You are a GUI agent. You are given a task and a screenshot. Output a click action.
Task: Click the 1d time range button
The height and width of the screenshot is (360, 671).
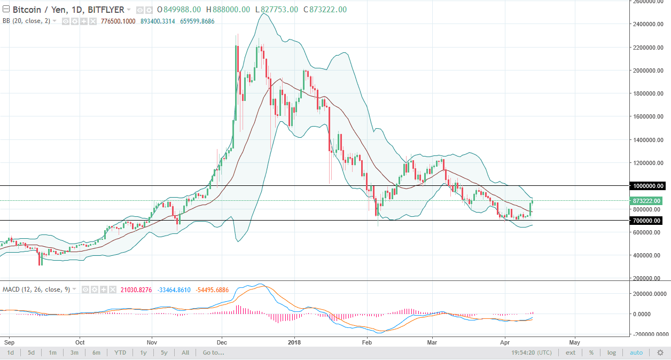(10, 353)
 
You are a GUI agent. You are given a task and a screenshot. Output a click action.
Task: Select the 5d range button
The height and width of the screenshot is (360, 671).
(32, 353)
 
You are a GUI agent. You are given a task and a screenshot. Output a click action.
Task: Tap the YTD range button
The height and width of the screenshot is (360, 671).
(120, 353)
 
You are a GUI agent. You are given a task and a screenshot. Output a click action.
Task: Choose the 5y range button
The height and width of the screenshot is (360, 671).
(164, 353)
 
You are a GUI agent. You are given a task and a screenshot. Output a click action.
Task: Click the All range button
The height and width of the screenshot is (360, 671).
(185, 353)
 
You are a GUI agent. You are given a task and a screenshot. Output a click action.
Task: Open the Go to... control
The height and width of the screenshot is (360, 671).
(213, 353)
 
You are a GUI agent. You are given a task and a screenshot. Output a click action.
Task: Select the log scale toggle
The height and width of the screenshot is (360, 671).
(612, 353)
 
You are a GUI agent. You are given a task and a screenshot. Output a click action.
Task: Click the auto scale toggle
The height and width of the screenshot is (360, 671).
(636, 353)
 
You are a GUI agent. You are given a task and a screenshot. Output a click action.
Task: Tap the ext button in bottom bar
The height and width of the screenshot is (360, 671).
(571, 353)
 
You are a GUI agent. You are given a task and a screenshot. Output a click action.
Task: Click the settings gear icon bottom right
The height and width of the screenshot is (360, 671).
(660, 353)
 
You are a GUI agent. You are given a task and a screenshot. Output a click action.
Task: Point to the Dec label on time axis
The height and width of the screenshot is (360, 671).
(222, 342)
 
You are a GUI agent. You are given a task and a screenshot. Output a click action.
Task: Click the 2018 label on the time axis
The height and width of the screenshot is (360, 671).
(295, 342)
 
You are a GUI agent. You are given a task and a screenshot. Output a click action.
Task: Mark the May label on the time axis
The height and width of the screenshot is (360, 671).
(575, 342)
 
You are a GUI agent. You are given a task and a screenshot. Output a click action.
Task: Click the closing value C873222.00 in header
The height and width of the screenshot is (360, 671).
(324, 10)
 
